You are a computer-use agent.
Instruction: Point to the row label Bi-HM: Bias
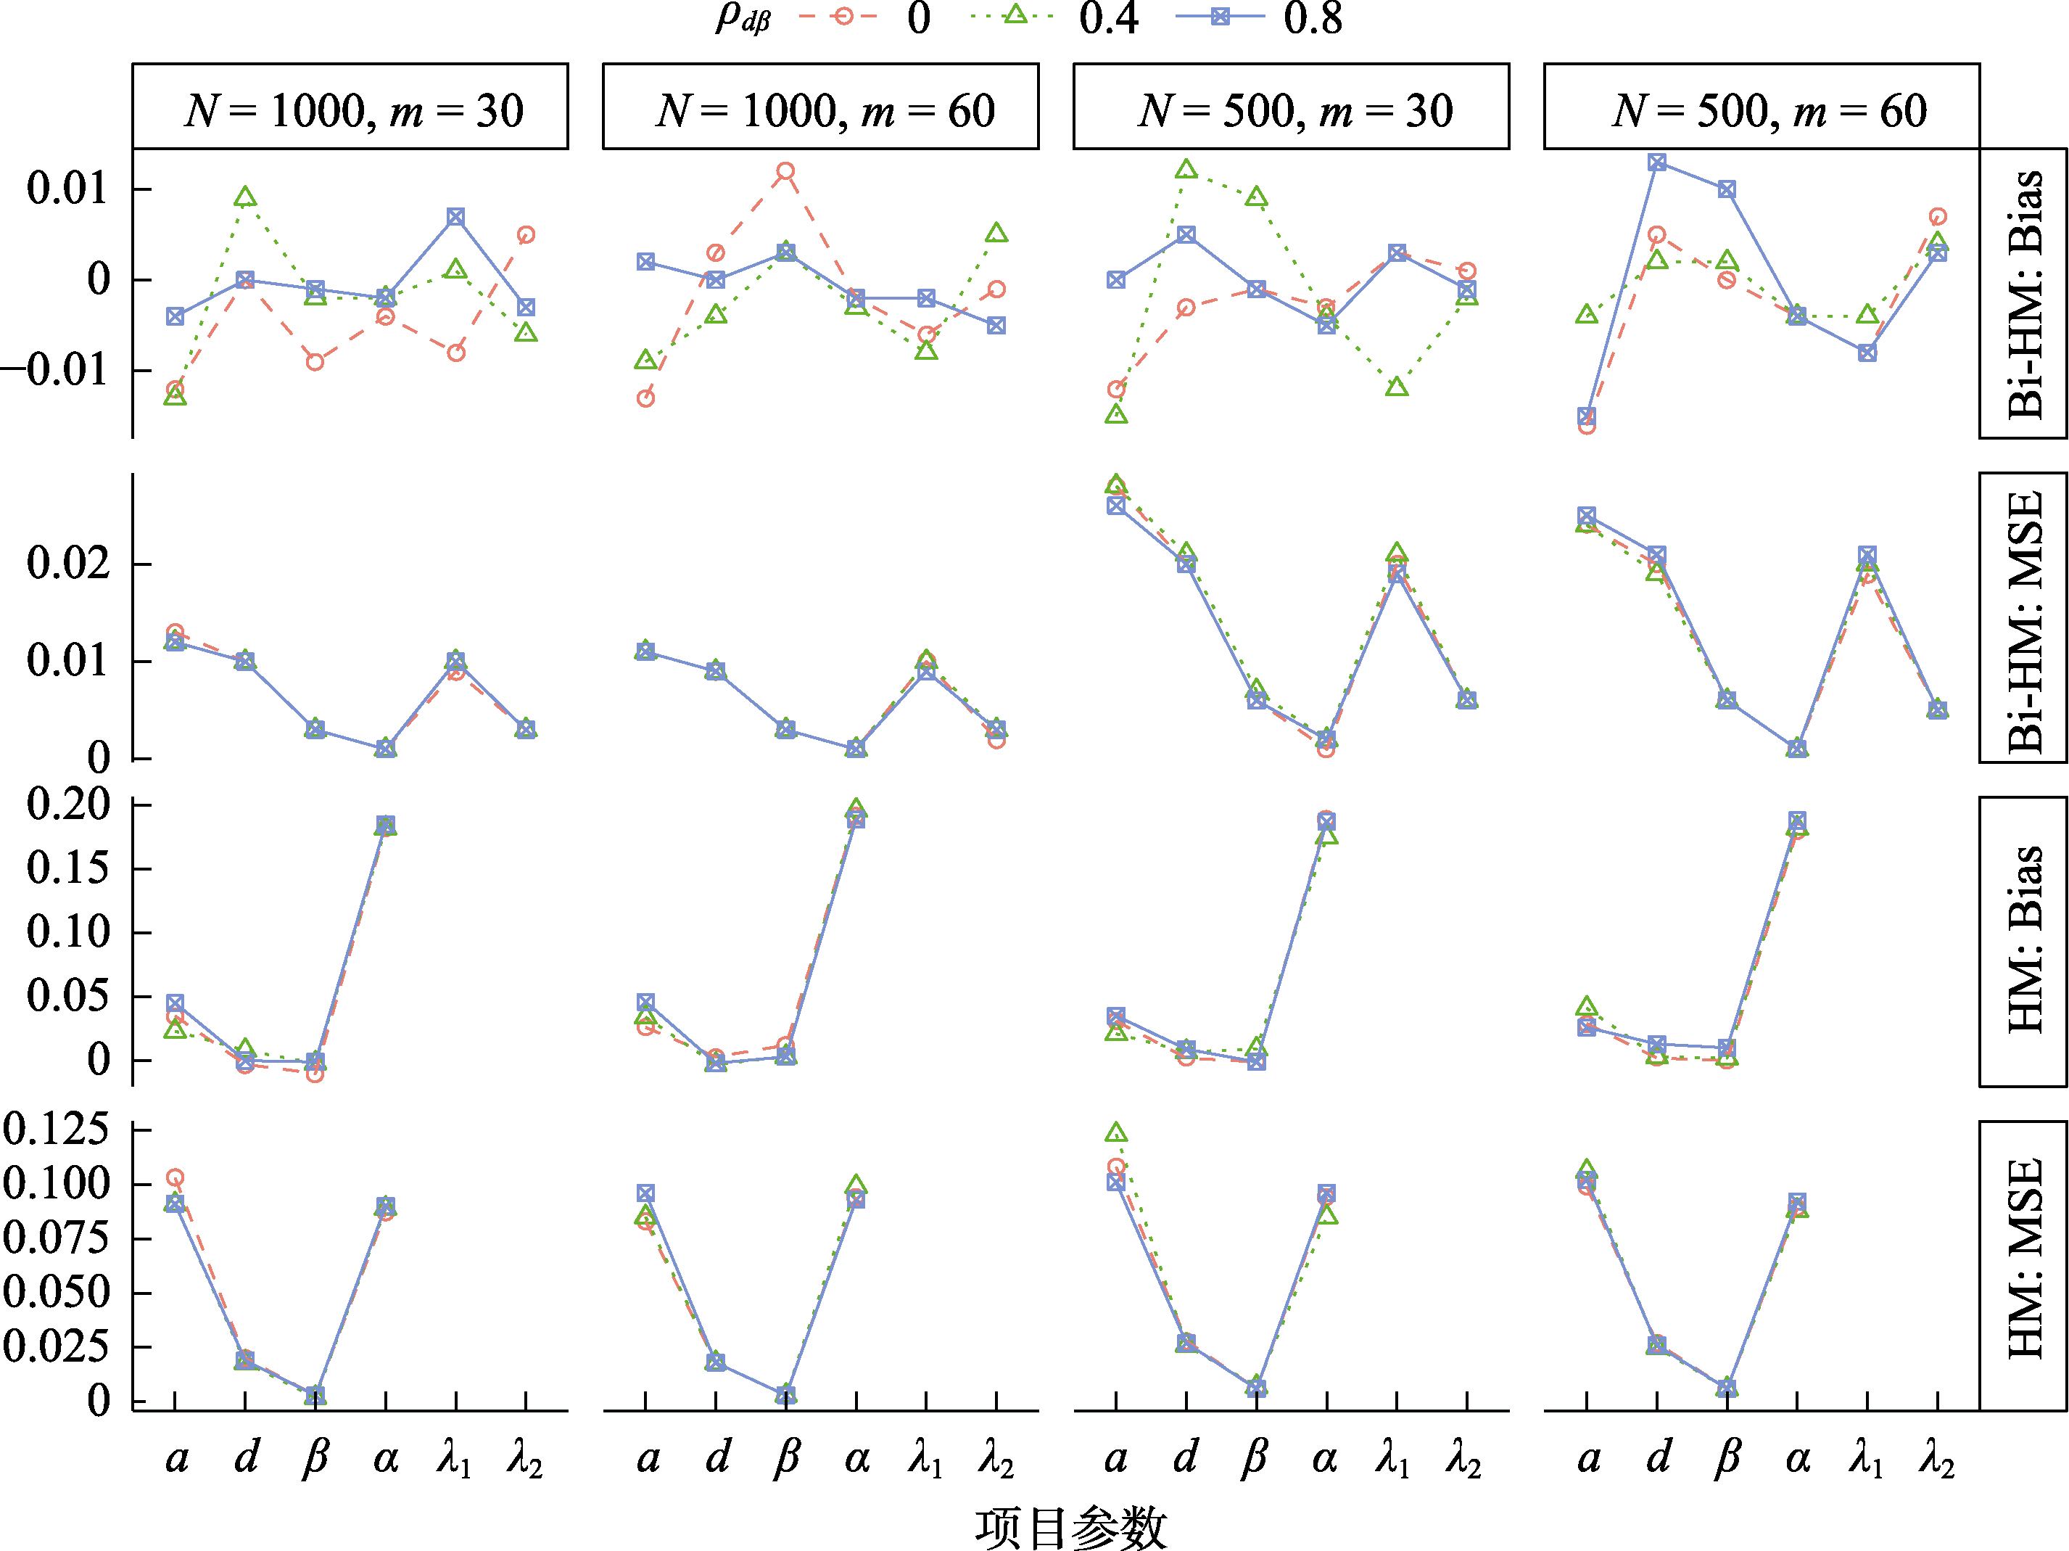tap(2024, 294)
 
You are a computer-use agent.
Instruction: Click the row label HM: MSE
tap(2024, 1258)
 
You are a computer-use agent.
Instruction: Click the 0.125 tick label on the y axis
tap(56, 1129)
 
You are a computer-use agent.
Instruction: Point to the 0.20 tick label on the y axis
tap(68, 805)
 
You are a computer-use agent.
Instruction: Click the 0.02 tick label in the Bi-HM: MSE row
tap(68, 563)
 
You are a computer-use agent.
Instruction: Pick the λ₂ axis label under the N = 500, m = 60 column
tap(1937, 1460)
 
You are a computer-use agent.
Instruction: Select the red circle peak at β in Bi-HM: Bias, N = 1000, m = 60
tap(785, 171)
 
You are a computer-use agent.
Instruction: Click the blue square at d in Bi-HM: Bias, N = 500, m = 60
tap(1656, 162)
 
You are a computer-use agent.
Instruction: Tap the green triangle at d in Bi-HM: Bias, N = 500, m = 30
tap(1186, 169)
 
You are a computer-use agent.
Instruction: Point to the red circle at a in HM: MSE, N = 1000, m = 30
tap(175, 1177)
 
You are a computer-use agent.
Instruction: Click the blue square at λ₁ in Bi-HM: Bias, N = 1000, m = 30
tap(455, 217)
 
